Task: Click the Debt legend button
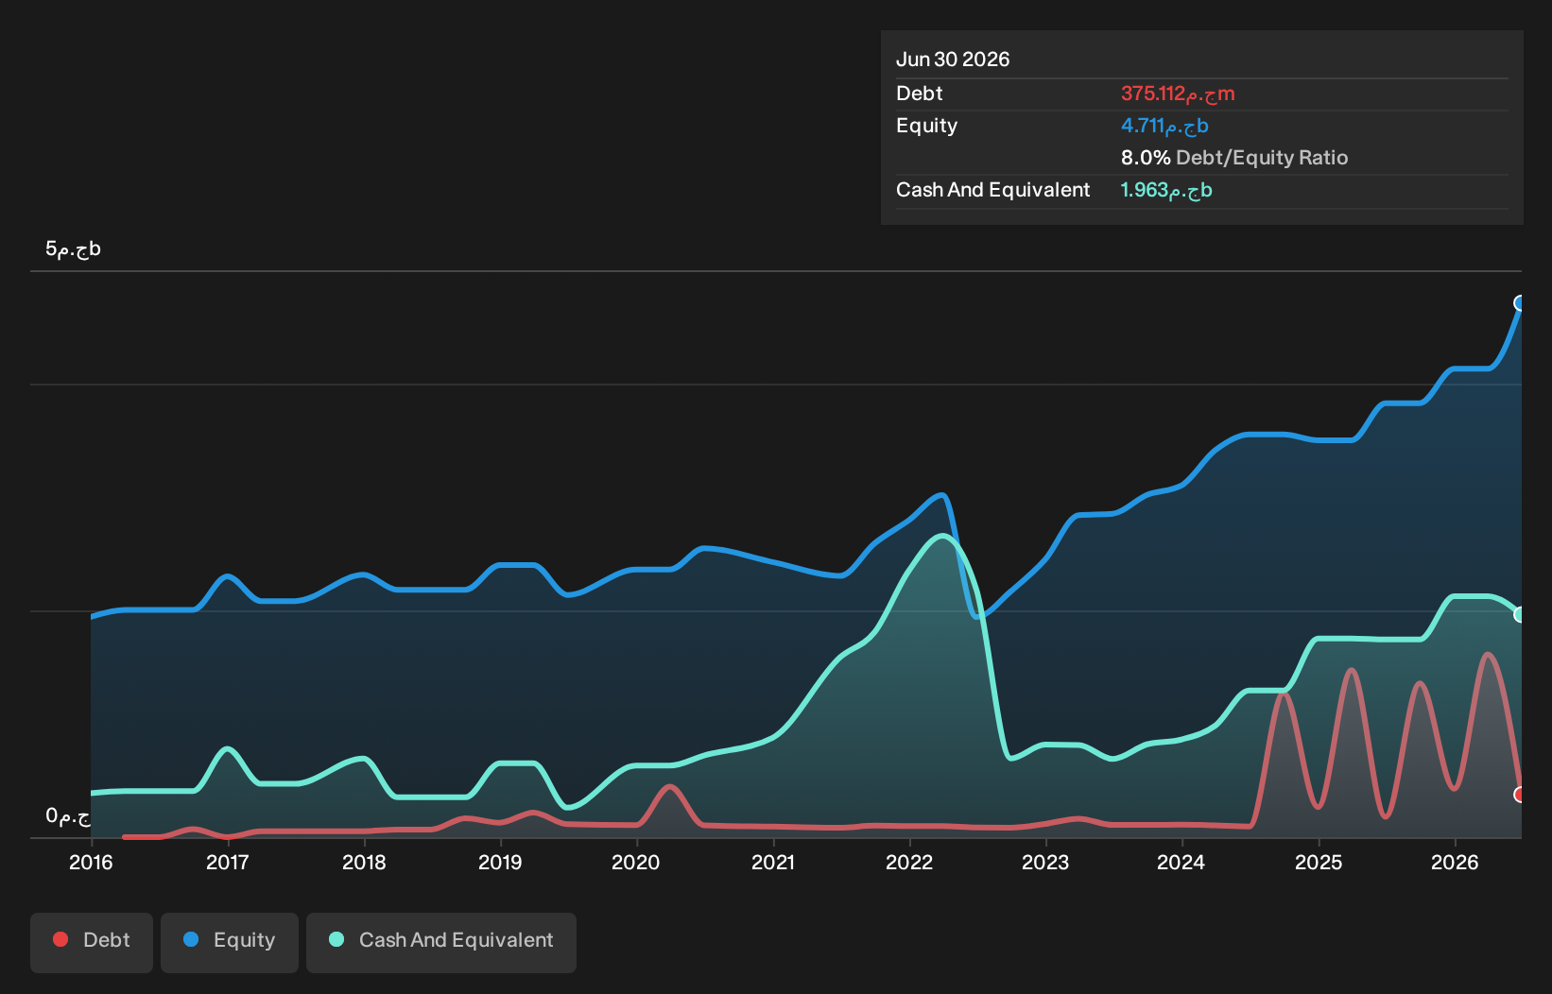click(x=92, y=942)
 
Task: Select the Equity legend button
click(x=230, y=942)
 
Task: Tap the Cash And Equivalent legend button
click(x=441, y=942)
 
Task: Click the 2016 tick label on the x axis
click(x=91, y=863)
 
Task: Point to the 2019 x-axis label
click(x=500, y=863)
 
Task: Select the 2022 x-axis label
click(x=909, y=863)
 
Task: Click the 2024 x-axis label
click(x=1181, y=863)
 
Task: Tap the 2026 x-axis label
click(x=1455, y=863)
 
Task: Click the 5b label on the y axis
click(x=74, y=248)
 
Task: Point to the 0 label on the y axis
click(x=68, y=816)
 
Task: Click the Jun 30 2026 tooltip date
click(x=953, y=60)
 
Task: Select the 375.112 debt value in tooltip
click(x=1178, y=94)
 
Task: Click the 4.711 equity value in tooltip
click(x=1164, y=126)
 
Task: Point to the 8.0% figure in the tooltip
click(x=1146, y=158)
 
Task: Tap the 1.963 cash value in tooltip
click(x=1166, y=190)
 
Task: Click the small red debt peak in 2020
click(x=670, y=786)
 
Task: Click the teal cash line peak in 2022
click(x=942, y=535)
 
